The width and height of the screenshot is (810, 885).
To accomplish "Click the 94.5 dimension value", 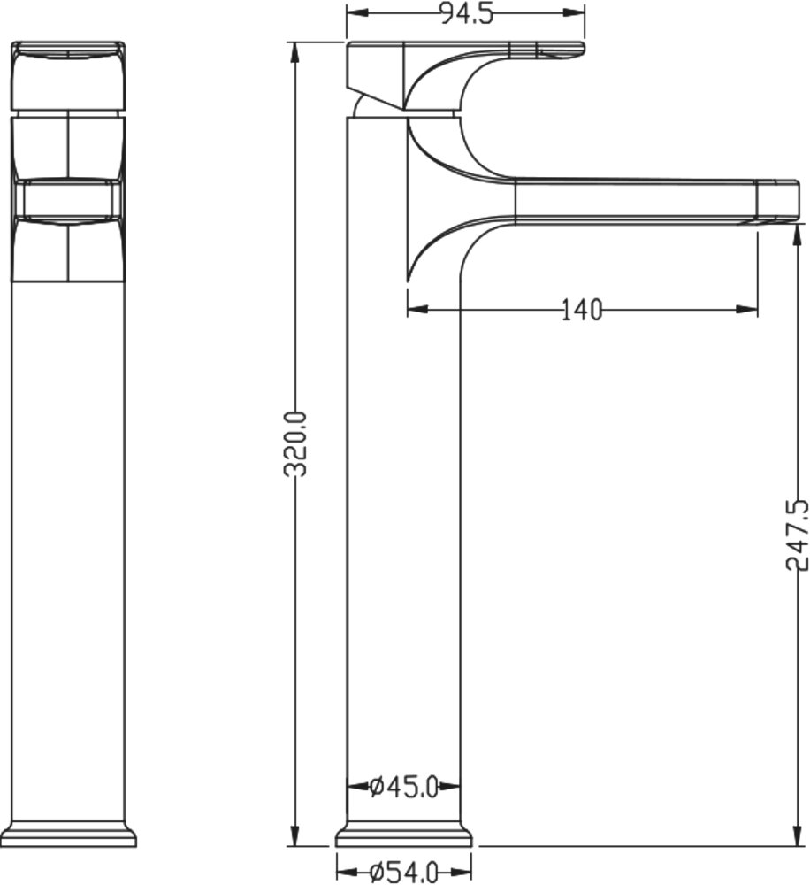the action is click(x=466, y=14).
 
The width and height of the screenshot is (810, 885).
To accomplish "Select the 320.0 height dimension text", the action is click(x=295, y=443).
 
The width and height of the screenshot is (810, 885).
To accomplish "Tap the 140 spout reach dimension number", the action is click(x=582, y=310).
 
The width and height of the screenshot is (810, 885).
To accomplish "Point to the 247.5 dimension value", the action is click(x=797, y=535).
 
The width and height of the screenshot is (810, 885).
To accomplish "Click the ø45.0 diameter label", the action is click(x=404, y=786).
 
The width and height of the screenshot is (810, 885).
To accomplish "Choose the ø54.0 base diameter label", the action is click(x=404, y=873).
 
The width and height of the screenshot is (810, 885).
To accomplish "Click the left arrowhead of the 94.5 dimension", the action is click(x=355, y=12).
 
